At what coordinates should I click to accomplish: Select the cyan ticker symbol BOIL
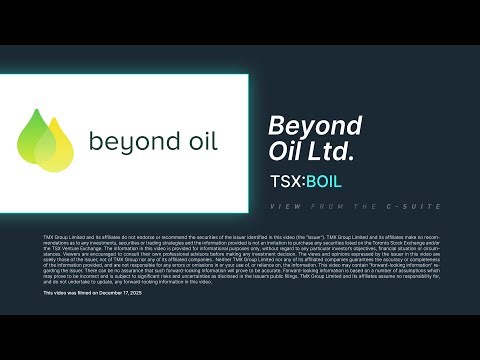tap(324, 183)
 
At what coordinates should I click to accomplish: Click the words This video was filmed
tap(66, 292)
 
